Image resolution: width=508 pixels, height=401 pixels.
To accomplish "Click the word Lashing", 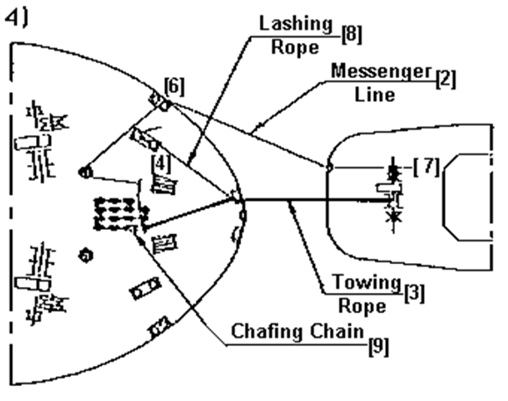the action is pyautogui.click(x=297, y=25).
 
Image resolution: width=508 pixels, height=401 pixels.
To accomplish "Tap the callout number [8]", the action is pyautogui.click(x=352, y=34).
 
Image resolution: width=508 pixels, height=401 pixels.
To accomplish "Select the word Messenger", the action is pyautogui.click(x=382, y=72).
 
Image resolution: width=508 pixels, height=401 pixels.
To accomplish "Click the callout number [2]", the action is pyautogui.click(x=446, y=79).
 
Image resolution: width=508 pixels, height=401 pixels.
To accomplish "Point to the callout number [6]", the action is pyautogui.click(x=175, y=87).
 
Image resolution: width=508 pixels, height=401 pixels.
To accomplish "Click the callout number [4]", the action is pyautogui.click(x=161, y=164).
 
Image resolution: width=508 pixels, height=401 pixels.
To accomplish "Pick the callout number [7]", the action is pyautogui.click(x=427, y=167).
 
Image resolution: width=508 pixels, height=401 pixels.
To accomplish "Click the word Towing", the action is pyautogui.click(x=367, y=283).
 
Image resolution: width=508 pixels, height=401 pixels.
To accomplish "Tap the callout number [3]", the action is pyautogui.click(x=414, y=293).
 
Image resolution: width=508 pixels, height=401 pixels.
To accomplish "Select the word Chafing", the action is pyautogui.click(x=268, y=332).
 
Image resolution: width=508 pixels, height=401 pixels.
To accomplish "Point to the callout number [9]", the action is pyautogui.click(x=379, y=347).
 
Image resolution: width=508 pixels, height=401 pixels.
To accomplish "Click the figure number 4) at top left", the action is pyautogui.click(x=17, y=18).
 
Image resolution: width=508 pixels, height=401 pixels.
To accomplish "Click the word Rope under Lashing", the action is pyautogui.click(x=295, y=47).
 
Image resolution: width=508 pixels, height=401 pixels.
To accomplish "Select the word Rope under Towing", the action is pyautogui.click(x=362, y=305).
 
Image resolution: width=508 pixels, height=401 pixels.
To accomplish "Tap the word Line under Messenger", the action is pyautogui.click(x=375, y=95).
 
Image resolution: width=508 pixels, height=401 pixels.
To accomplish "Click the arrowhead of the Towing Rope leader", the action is pyautogui.click(x=291, y=205).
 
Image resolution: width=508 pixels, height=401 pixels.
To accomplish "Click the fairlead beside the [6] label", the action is pyautogui.click(x=161, y=102).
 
